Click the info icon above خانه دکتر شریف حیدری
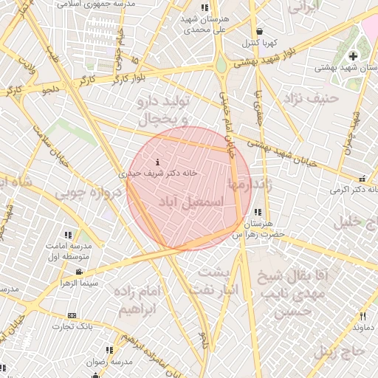(157, 162)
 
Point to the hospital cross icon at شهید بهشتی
(353, 56)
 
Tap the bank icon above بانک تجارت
(72, 315)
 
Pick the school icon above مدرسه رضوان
(109, 350)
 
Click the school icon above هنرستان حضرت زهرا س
(257, 212)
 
